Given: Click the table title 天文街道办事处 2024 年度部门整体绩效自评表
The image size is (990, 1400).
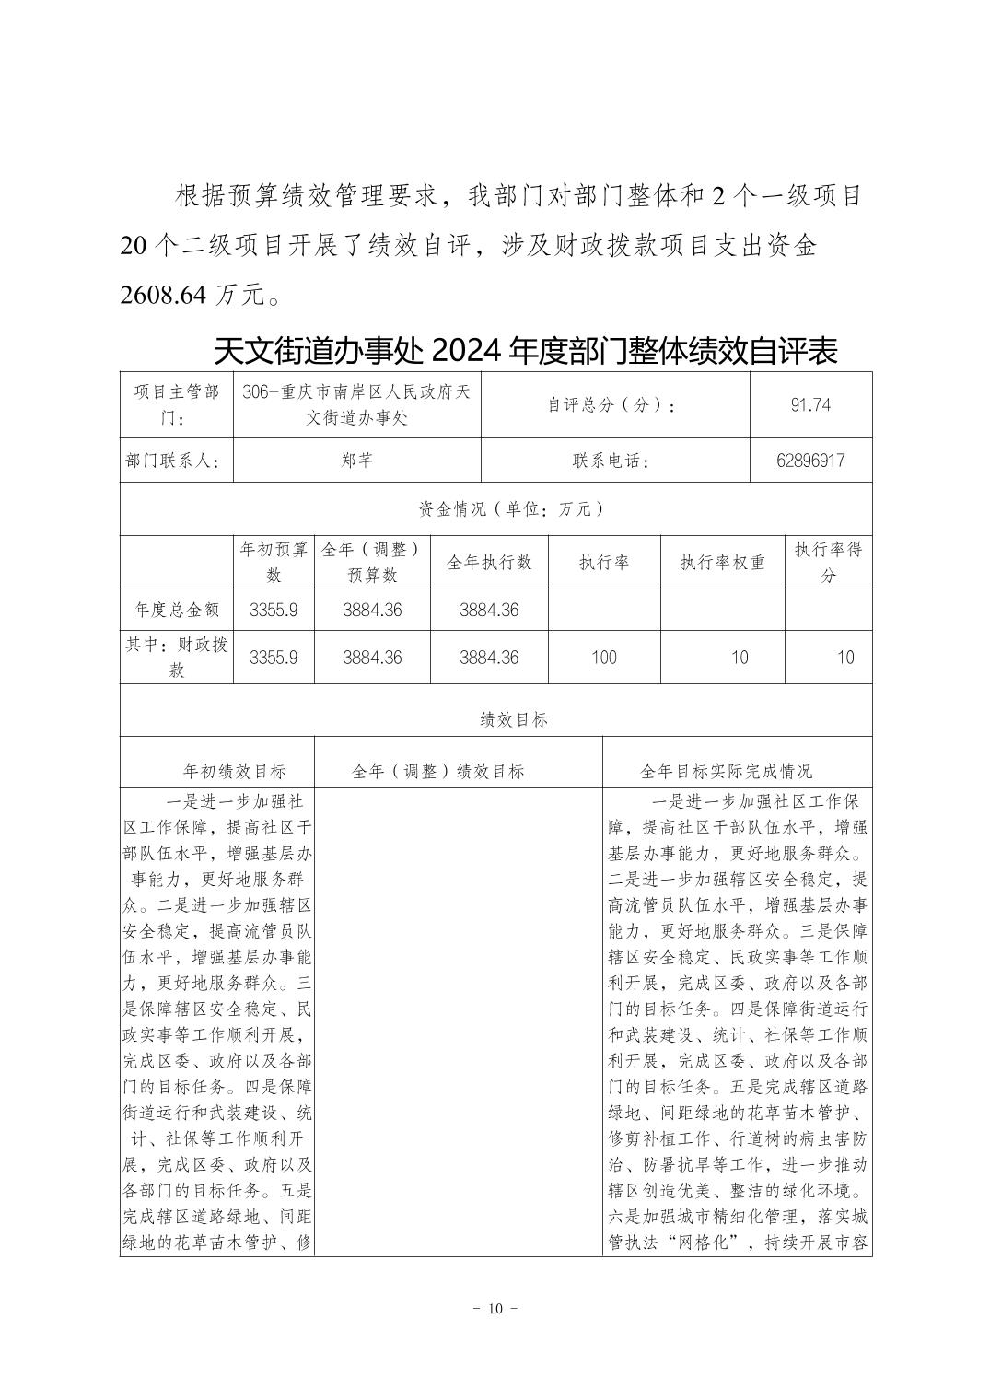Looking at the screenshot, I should (x=525, y=351).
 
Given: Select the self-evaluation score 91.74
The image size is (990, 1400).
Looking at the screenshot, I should (x=810, y=404).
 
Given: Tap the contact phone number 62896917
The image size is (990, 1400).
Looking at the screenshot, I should (x=810, y=461).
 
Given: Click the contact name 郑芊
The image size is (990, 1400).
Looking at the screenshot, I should (x=356, y=461).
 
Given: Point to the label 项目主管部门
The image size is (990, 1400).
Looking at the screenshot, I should (x=176, y=404).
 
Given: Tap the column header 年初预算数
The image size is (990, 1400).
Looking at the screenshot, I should (x=274, y=562).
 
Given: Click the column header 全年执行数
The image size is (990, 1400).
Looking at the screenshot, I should (x=489, y=562).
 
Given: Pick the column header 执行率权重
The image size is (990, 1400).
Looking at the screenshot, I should (x=722, y=562).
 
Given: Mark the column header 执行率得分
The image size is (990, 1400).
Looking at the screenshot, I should (x=828, y=562).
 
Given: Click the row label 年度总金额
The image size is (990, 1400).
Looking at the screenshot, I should (x=176, y=610).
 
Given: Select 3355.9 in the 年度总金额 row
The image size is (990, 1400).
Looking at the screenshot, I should (x=274, y=610).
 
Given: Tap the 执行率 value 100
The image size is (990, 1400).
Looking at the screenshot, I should (x=603, y=658).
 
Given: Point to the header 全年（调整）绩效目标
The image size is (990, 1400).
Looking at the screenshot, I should (x=438, y=772).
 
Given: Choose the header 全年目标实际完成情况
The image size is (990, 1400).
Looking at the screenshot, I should (x=727, y=772).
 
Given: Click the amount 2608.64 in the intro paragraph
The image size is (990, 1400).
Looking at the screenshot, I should (x=165, y=295).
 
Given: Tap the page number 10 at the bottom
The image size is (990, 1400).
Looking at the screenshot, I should (x=495, y=1309).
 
